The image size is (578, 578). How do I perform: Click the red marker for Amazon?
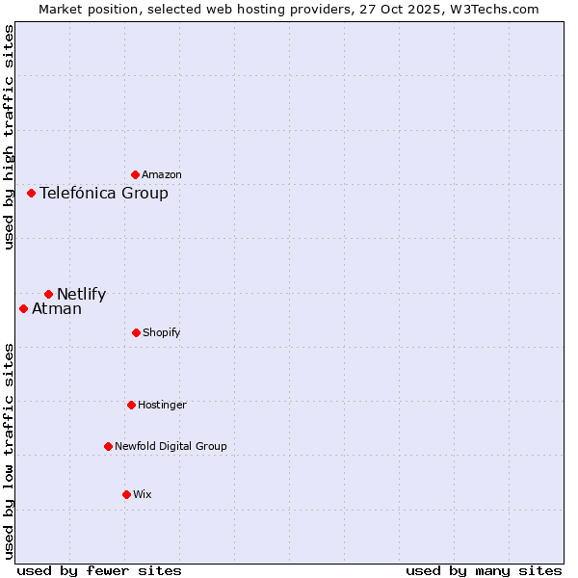pos(135,174)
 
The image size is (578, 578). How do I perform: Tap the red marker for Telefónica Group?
pos(31,193)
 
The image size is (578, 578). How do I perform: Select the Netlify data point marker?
pos(48,294)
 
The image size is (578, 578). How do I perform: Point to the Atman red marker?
pos(23,308)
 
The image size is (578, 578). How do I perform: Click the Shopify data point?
pos(136,332)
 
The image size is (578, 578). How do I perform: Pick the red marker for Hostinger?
pos(131,405)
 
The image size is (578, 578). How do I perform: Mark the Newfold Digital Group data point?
pos(108,446)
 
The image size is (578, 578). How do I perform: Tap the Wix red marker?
pos(126,494)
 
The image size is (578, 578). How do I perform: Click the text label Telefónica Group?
pos(104,194)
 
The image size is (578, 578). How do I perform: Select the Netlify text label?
pos(81,295)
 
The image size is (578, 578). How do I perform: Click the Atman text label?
pos(57,309)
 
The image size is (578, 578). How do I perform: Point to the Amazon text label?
pos(162,175)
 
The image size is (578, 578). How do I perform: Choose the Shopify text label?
pos(162,333)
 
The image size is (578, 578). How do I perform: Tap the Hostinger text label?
pos(162,406)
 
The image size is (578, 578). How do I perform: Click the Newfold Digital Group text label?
pos(171,447)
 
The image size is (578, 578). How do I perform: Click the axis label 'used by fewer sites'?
pos(99,570)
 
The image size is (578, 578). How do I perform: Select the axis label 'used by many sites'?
pos(484,570)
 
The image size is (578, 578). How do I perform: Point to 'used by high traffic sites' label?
pos(9,137)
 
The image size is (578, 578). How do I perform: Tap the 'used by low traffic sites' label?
pos(9,450)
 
